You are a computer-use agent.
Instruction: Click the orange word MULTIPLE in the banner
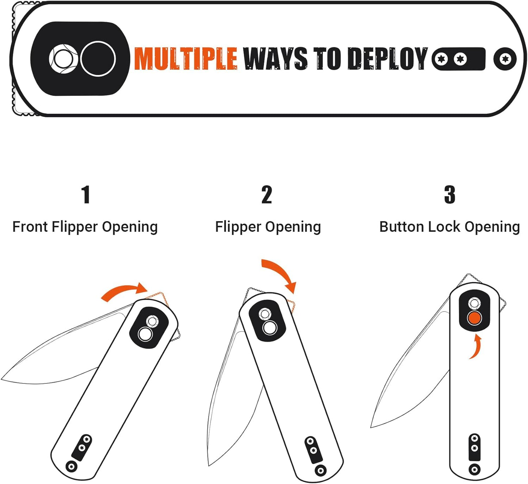tap(185, 58)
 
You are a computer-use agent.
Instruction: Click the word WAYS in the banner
tap(275, 58)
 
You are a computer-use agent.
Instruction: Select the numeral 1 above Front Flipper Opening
tap(86, 194)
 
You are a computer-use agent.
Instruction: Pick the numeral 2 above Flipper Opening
tap(267, 194)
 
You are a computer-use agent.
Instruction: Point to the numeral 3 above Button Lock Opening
tap(449, 194)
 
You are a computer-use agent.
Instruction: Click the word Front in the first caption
tap(30, 227)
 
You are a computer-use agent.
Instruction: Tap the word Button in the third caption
tap(402, 227)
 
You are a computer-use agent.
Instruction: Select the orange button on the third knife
tap(474, 318)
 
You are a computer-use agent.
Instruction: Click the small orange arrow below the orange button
tap(476, 347)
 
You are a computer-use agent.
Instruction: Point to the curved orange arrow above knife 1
tap(124, 291)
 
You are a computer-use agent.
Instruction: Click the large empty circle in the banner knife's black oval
tap(98, 59)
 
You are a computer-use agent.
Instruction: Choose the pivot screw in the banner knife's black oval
tap(63, 59)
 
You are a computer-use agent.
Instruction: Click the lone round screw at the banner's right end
tap(505, 59)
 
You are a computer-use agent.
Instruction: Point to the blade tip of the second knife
tap(209, 465)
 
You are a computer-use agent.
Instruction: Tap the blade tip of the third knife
tap(371, 427)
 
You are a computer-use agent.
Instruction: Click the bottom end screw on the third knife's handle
tap(474, 469)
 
